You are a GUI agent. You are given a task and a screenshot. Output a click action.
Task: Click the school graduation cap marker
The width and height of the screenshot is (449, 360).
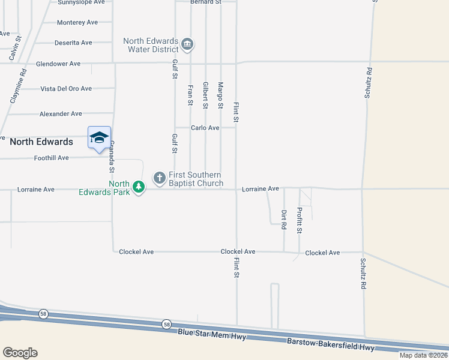[x=99, y=138]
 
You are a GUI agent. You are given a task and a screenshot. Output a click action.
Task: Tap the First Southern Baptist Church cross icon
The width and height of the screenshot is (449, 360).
[x=159, y=177]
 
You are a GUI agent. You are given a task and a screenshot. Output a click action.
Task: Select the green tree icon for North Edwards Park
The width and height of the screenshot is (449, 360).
[x=139, y=187]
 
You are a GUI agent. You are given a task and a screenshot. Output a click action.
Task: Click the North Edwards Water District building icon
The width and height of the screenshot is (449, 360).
[x=187, y=44]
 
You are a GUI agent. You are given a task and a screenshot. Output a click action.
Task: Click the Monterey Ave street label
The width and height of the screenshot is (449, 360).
[x=77, y=23]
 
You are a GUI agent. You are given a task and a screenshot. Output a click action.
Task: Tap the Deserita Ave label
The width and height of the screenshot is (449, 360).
[x=73, y=43]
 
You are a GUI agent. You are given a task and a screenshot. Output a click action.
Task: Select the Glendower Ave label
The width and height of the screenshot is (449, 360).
[x=58, y=64]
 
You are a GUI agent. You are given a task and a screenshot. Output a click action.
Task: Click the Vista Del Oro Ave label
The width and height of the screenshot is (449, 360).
[x=66, y=89]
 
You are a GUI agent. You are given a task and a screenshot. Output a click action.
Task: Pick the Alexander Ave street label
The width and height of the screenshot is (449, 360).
[x=61, y=114]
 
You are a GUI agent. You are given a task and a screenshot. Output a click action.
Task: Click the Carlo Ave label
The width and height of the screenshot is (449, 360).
[x=205, y=128]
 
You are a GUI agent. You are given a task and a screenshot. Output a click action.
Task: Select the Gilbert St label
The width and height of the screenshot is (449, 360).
[x=205, y=95]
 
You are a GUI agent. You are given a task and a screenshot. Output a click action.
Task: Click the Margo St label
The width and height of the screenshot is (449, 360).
[x=220, y=95]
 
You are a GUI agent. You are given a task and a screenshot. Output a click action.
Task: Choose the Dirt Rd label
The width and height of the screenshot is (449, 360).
[x=284, y=220]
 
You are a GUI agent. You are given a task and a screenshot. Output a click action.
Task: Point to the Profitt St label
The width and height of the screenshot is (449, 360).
[x=299, y=220]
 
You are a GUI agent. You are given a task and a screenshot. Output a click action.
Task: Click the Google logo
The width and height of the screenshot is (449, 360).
[x=20, y=353]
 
